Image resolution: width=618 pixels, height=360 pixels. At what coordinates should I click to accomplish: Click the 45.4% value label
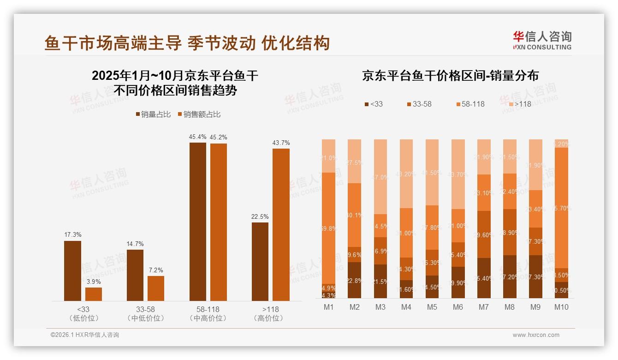(x=198, y=137)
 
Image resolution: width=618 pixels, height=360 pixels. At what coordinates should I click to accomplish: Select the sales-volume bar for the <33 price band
(x=72, y=271)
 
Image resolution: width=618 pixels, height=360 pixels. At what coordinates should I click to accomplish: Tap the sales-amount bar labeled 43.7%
(x=281, y=225)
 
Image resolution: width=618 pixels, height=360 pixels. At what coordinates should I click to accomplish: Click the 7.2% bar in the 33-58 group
(x=156, y=288)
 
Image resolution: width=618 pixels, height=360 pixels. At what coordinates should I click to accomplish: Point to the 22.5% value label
(x=260, y=216)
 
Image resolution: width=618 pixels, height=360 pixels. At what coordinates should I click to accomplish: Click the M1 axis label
(x=328, y=307)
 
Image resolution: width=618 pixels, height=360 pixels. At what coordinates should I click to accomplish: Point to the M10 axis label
(x=561, y=307)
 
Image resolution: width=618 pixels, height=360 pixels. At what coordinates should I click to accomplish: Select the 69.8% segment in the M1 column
(x=328, y=228)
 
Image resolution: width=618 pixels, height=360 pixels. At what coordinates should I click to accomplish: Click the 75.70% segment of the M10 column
(x=561, y=208)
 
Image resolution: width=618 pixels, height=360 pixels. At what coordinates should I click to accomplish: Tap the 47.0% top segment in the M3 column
(x=380, y=177)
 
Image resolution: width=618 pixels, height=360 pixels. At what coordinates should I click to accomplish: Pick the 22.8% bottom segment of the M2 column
(x=354, y=280)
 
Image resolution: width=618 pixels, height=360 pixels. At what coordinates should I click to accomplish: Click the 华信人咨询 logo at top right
(x=542, y=40)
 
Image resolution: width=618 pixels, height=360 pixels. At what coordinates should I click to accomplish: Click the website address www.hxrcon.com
(x=536, y=335)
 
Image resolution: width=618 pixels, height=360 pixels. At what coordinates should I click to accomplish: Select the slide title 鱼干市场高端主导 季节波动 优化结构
(x=187, y=43)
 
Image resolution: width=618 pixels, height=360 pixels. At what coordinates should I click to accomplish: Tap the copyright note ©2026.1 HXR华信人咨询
(x=85, y=335)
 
